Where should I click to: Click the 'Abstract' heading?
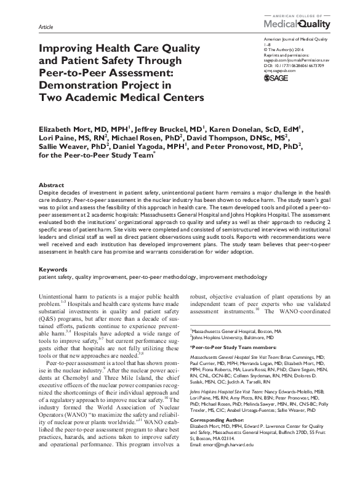pos(51,185)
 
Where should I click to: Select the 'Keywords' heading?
pos(54,270)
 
